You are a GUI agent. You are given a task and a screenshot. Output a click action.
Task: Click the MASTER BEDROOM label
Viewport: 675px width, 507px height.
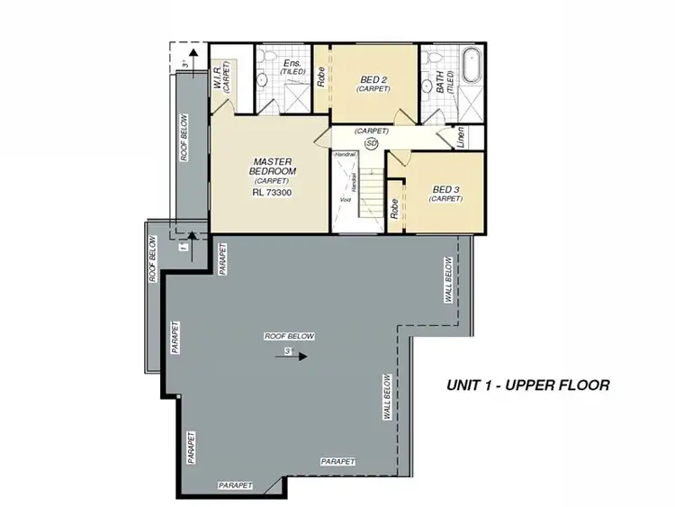coord(270,166)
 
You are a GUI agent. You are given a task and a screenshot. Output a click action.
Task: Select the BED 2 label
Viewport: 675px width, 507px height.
coord(372,80)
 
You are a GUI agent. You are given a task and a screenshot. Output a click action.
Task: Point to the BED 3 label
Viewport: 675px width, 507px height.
coord(446,189)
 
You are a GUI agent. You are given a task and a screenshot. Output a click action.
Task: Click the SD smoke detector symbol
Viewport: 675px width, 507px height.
coord(371,142)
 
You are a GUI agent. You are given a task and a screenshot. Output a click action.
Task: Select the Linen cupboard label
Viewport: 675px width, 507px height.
coord(462,138)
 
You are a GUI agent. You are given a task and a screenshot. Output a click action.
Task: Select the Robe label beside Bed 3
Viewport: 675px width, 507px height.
coord(395,208)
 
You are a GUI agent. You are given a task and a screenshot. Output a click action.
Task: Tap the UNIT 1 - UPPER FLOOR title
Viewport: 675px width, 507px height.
coord(528,385)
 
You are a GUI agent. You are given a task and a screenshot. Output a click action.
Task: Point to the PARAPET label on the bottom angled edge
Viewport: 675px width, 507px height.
coord(235,485)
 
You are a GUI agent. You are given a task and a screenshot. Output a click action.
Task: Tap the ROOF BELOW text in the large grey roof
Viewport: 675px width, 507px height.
coord(289,336)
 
